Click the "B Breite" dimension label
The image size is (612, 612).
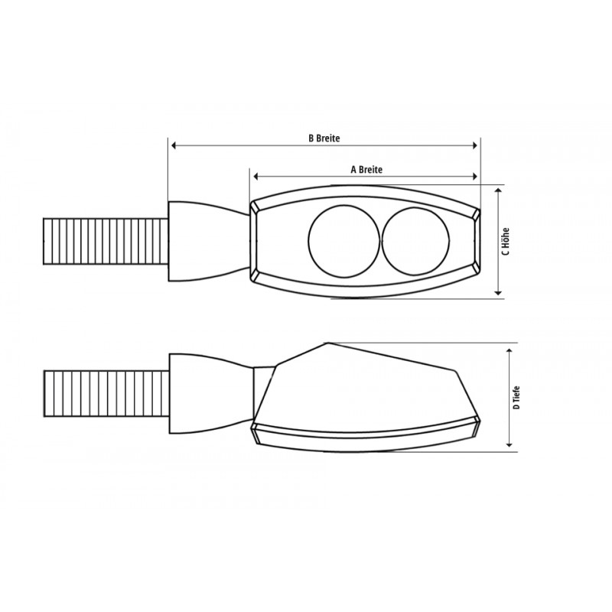(324, 138)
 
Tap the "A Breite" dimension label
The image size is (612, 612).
(366, 169)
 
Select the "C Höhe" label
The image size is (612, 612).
(506, 241)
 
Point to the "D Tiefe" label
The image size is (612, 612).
(516, 397)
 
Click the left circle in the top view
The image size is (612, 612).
(308, 241)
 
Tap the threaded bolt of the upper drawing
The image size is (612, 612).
(106, 242)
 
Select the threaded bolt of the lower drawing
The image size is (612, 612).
(106, 393)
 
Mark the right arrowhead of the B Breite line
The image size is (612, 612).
(474, 145)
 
